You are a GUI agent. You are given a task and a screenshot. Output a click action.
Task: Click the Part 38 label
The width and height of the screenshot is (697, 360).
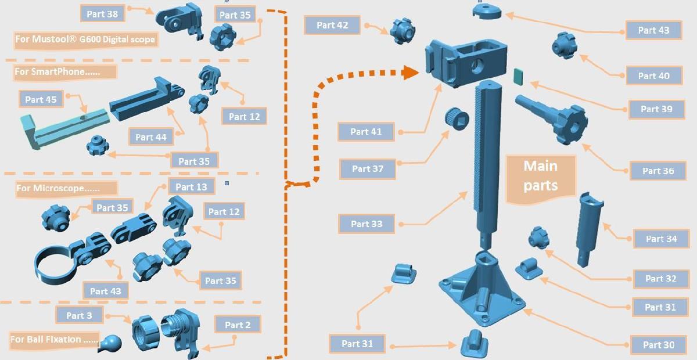coord(102,14)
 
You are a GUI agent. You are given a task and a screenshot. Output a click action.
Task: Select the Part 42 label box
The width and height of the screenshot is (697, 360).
coord(332,25)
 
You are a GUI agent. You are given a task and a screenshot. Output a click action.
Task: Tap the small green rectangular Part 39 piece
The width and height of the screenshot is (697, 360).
coord(518,77)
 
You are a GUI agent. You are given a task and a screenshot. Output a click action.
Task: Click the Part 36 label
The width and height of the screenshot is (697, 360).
coord(658,171)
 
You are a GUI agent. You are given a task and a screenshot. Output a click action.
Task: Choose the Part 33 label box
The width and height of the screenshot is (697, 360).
coord(367,224)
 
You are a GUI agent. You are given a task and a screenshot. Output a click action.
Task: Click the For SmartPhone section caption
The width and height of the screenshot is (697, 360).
coord(65,72)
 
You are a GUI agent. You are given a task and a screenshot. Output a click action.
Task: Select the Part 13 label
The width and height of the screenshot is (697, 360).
coord(191,187)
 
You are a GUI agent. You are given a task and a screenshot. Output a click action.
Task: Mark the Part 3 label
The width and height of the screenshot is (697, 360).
coord(80,315)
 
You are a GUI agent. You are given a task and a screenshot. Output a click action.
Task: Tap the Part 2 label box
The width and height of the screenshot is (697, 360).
coord(238,325)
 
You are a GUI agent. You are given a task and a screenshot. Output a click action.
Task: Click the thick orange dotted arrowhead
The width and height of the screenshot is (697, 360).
coord(410,73)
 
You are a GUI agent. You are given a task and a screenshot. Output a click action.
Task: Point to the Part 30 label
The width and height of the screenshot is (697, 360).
coord(659,345)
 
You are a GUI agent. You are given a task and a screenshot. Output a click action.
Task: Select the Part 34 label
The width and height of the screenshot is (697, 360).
coord(661,239)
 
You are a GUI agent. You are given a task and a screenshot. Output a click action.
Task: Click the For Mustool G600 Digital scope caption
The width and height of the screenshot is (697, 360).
coord(85,39)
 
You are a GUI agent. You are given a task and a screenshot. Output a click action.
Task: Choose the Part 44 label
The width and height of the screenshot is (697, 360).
coord(151,137)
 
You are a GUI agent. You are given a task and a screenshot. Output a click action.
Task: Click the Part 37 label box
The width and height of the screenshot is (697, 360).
coord(368,169)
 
